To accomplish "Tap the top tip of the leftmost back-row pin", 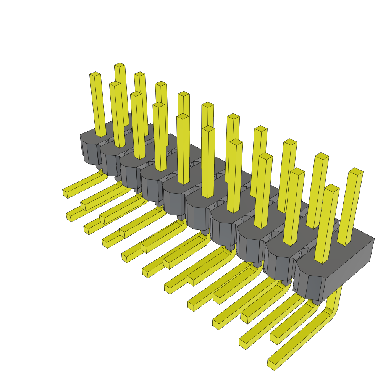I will pyautogui.click(x=120, y=65).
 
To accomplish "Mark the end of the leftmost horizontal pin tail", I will pyautogui.click(x=65, y=193).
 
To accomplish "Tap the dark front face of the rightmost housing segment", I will pyautogui.click(x=309, y=284).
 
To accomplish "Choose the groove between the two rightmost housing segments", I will pyautogui.click(x=294, y=267).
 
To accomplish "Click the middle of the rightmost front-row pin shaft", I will pyautogui.click(x=327, y=225).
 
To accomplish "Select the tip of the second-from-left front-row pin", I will pyautogui.click(x=115, y=84).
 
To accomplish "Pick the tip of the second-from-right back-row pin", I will pyautogui.click(x=322, y=155).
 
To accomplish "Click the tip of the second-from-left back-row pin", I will pyautogui.click(x=139, y=74).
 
